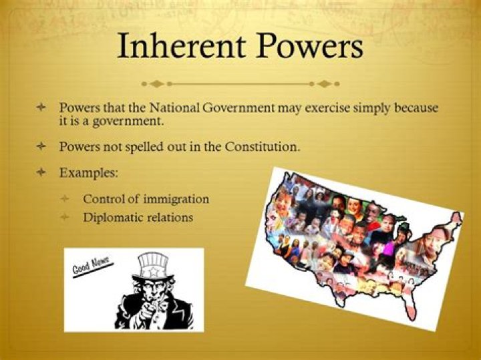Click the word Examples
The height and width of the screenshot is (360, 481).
pos(89,172)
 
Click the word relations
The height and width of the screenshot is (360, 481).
pos(168,217)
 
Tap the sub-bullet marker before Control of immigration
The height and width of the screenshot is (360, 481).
pos(65,199)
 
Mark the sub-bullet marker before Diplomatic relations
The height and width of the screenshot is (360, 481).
pos(65,217)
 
